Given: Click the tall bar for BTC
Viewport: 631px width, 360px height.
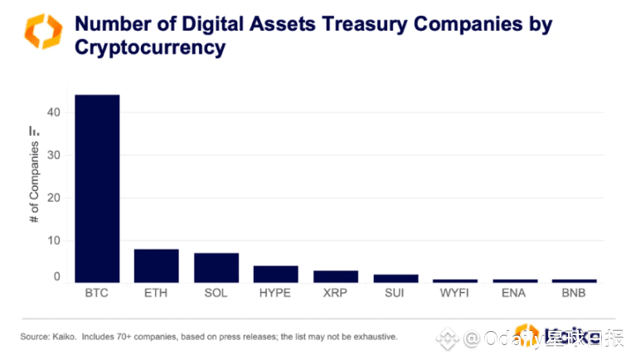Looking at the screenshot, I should coord(97,188).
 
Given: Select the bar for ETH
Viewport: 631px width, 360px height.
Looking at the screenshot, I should coord(157,265).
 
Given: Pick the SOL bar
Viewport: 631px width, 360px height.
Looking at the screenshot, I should coord(216,267).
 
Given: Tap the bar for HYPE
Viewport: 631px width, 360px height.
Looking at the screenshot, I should coord(275,274).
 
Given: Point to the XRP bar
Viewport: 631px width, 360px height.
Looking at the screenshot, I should coord(335,276).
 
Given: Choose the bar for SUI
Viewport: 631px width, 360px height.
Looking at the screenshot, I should coord(396,278).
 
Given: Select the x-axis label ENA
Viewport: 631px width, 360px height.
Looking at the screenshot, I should coord(514,293).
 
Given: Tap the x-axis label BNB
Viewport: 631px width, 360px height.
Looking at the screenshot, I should coord(574,293).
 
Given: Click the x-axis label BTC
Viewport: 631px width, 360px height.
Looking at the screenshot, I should coord(97,293).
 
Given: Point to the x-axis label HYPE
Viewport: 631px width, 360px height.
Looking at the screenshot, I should coord(275,293).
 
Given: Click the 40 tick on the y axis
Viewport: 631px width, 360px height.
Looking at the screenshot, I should coord(55,113).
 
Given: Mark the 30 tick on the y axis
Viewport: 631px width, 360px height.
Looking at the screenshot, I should coord(55,155).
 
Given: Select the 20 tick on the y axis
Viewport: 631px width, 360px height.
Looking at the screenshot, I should coord(55,198).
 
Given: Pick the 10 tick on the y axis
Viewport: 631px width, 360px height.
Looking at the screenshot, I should coord(55,241).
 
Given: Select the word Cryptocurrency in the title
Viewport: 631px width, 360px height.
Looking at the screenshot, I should coord(150,47).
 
